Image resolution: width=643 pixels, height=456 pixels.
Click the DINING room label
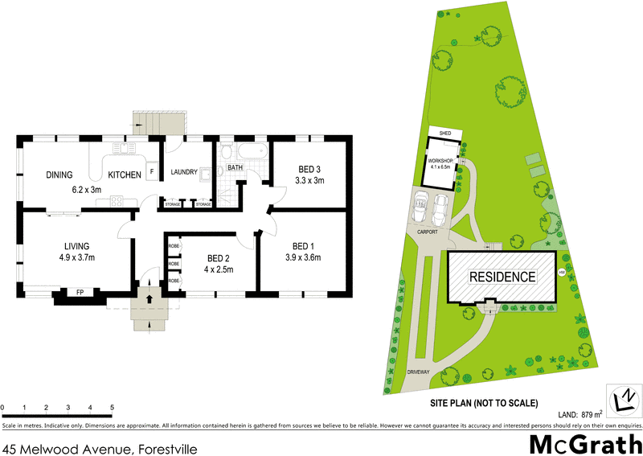[x=59, y=175]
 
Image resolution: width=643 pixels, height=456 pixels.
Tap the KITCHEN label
[x=125, y=175]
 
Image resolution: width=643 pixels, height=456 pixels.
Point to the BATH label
[x=235, y=168]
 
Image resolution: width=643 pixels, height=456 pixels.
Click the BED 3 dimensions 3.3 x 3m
[x=309, y=182]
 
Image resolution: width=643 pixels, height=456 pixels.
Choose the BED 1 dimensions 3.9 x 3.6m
[x=302, y=258]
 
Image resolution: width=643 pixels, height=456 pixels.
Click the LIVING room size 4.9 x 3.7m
[x=76, y=258]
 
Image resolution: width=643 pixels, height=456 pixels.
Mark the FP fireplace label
[x=80, y=292]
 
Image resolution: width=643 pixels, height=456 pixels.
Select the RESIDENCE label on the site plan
[x=502, y=277]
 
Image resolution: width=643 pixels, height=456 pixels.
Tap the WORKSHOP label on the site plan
[x=440, y=162]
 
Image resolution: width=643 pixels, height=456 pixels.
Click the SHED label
[x=443, y=133]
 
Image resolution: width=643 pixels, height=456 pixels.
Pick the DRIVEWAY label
[x=419, y=372]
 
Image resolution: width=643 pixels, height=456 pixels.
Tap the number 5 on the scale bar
[x=112, y=408]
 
